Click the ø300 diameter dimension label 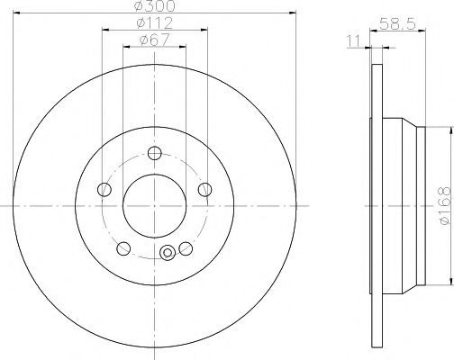pyautogui.click(x=155, y=6)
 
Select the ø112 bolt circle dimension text pyautogui.click(x=155, y=23)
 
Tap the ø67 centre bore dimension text pyautogui.click(x=155, y=40)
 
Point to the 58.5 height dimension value pyautogui.click(x=397, y=23)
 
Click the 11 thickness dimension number pyautogui.click(x=354, y=41)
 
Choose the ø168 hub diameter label pyautogui.click(x=445, y=206)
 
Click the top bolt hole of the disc pyautogui.click(x=155, y=153)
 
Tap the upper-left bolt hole pyautogui.click(x=104, y=190)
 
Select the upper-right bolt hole pyautogui.click(x=205, y=190)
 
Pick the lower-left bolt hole pyautogui.click(x=123, y=248)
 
